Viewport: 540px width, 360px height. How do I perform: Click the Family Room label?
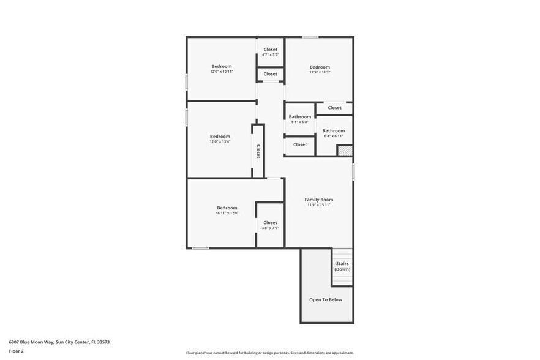(x=319, y=200)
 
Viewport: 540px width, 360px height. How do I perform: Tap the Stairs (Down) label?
(x=342, y=266)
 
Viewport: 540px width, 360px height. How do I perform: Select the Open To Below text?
(x=326, y=299)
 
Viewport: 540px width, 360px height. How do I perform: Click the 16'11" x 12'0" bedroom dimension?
(x=227, y=213)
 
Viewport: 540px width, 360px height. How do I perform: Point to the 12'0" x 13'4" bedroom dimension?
(x=220, y=141)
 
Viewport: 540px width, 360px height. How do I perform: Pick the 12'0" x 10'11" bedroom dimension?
(x=222, y=72)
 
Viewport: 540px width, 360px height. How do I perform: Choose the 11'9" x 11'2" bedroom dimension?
(x=320, y=72)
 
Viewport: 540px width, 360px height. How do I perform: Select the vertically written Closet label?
(x=258, y=151)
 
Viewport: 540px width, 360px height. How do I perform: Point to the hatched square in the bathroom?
(x=345, y=151)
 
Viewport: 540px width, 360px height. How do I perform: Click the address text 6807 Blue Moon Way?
(x=59, y=342)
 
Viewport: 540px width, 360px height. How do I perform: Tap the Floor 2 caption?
(x=17, y=351)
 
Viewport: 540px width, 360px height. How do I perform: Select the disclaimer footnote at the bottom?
(x=270, y=353)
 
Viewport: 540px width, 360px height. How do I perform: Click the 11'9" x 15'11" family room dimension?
(x=319, y=205)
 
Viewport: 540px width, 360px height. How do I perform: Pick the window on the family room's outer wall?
(x=353, y=171)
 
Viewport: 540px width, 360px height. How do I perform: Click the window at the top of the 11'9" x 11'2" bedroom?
(x=310, y=37)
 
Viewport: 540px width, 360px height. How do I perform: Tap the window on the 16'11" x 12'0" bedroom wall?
(x=200, y=248)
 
